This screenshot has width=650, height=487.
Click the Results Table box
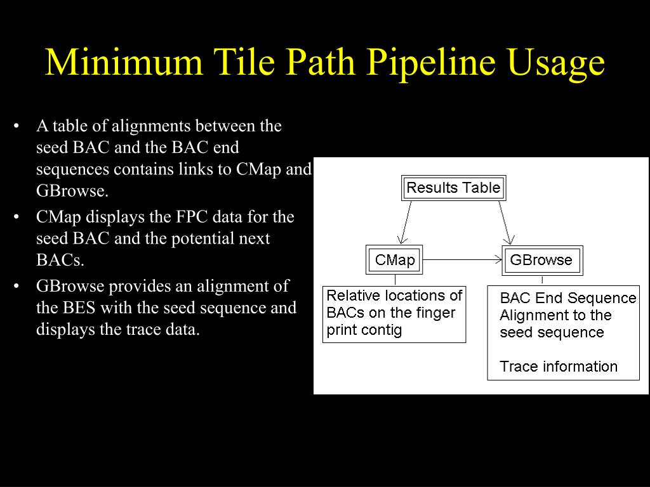(453, 188)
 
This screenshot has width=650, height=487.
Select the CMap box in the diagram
(394, 260)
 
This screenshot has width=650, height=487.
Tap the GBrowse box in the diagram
(541, 260)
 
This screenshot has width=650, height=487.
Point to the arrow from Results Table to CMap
(405, 222)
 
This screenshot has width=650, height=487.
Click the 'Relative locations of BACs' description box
(394, 313)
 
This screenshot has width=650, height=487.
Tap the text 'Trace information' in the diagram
(559, 367)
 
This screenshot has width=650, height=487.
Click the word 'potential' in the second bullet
(204, 238)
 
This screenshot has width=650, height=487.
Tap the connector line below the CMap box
(395, 280)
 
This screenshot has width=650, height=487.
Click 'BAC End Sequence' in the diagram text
(567, 298)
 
